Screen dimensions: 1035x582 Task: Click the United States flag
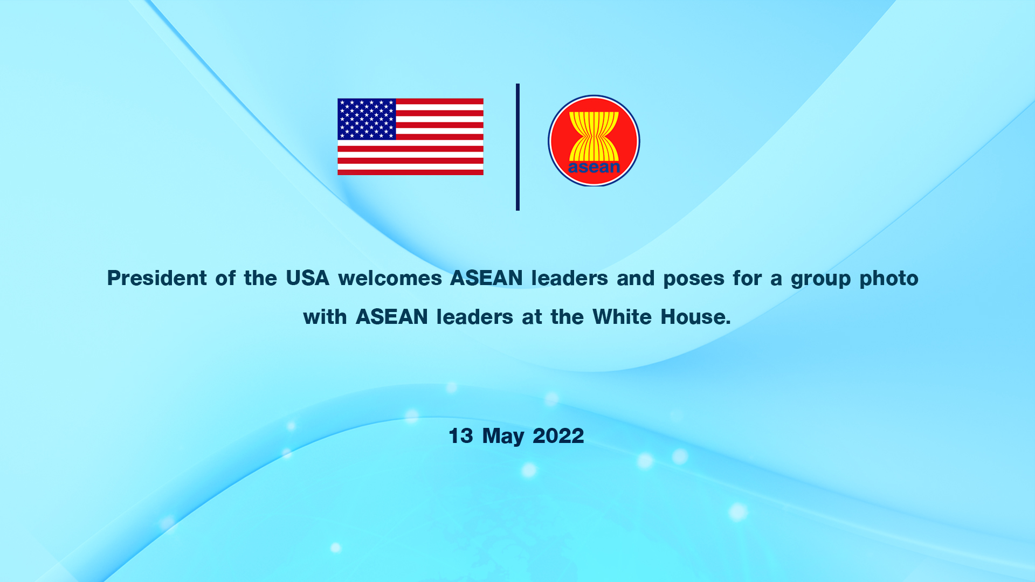pyautogui.click(x=410, y=137)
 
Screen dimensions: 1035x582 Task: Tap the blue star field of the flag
pyautogui.click(x=367, y=119)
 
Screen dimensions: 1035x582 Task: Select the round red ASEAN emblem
pyautogui.click(x=594, y=141)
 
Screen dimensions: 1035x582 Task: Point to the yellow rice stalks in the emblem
pyautogui.click(x=594, y=136)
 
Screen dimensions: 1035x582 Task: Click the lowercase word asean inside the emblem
pyautogui.click(x=594, y=167)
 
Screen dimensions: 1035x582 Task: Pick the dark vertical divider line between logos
pyautogui.click(x=517, y=147)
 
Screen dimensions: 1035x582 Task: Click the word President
pyautogui.click(x=157, y=278)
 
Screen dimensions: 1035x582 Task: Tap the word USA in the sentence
pyautogui.click(x=307, y=278)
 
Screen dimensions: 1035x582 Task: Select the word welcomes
pyautogui.click(x=390, y=278)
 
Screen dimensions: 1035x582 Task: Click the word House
pyautogui.click(x=695, y=317)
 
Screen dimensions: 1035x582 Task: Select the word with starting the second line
pyautogui.click(x=325, y=317)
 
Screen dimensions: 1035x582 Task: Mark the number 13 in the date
pyautogui.click(x=461, y=436)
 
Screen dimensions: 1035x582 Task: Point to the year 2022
pyautogui.click(x=558, y=436)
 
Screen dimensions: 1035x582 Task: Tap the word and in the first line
pyautogui.click(x=636, y=278)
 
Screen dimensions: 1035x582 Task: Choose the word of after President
pyautogui.click(x=225, y=278)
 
